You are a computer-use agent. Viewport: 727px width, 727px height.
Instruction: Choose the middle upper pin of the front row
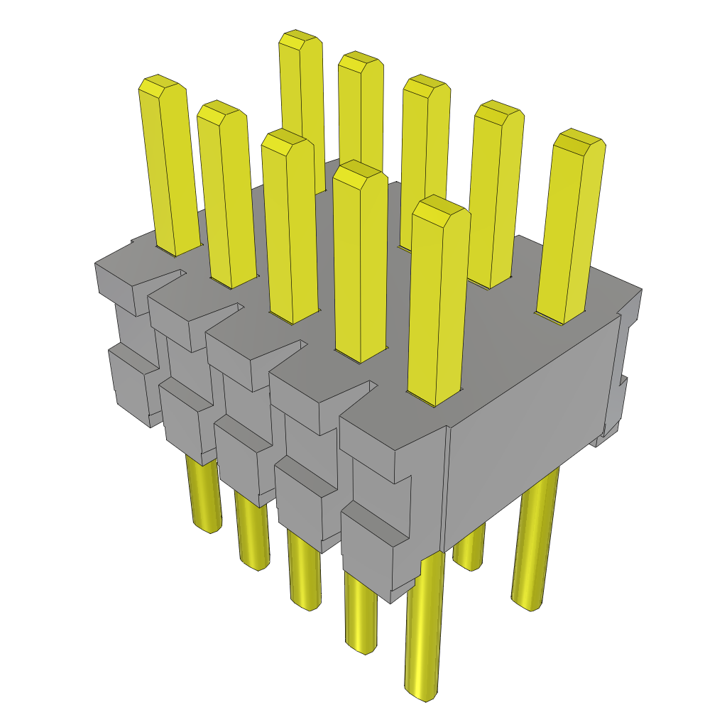288,138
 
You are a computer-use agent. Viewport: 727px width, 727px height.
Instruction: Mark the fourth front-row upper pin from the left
360,170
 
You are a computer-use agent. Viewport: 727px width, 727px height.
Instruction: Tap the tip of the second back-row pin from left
361,61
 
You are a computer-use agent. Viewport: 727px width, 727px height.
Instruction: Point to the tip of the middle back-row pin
426,84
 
